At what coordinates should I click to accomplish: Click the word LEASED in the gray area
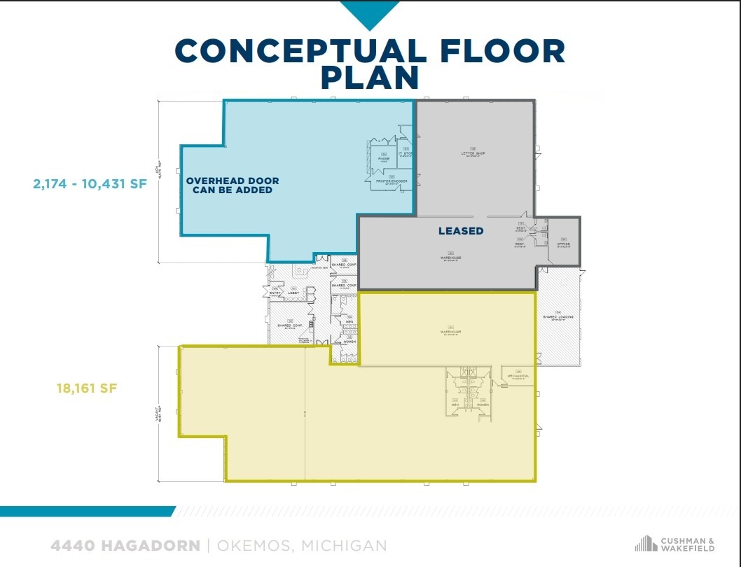coord(461,230)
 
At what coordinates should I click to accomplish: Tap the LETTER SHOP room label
coord(473,153)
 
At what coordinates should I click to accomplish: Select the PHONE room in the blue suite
coord(384,158)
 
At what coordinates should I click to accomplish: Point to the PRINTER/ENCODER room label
coord(392,181)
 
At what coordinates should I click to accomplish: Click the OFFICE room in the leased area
coord(564,244)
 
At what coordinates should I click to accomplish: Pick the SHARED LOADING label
coord(558,316)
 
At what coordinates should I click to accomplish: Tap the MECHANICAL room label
coord(518,376)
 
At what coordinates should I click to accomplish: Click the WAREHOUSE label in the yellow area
coord(451,331)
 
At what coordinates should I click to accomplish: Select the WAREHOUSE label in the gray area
coord(451,257)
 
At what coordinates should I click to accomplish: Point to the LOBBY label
coord(293,293)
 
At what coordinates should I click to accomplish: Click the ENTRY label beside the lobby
coord(275,293)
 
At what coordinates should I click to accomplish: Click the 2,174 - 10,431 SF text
coord(90,184)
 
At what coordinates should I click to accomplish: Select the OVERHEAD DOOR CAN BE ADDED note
coord(233,185)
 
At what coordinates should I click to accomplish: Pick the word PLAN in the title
coord(370,78)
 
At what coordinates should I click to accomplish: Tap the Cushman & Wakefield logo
coord(674,543)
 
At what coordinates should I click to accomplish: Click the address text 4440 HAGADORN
coord(125,545)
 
